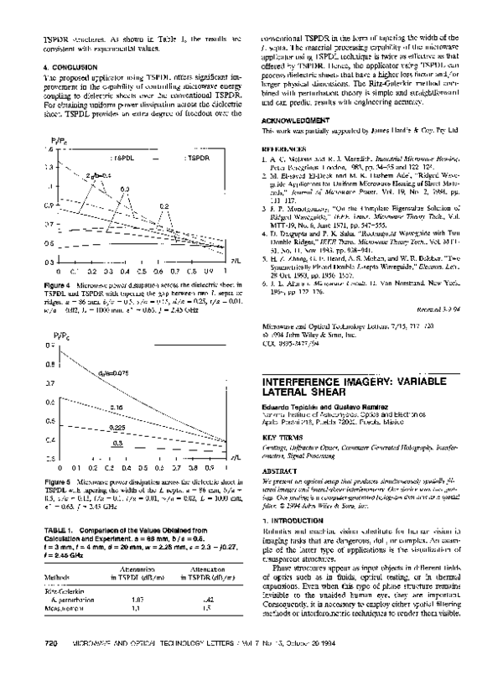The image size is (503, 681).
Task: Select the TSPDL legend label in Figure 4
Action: point(123,158)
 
